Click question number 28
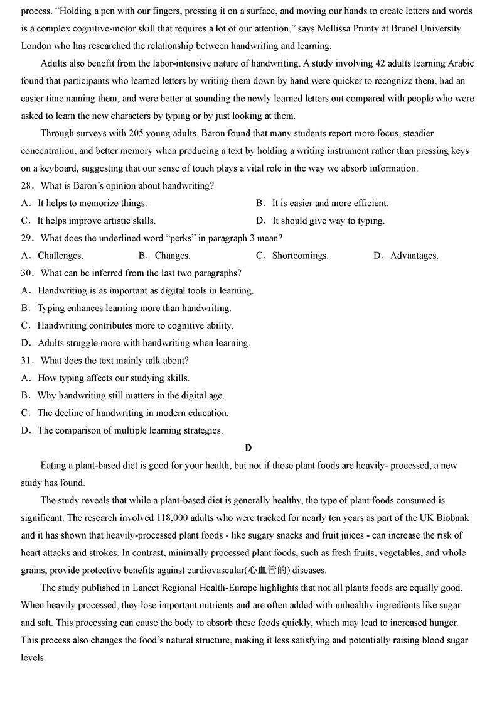click(x=28, y=186)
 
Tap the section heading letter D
click(x=248, y=447)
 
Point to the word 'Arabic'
click(x=460, y=63)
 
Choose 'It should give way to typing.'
click(x=328, y=221)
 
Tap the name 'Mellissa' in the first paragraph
click(x=343, y=29)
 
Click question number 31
click(x=28, y=361)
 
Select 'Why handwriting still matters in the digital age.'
click(x=131, y=395)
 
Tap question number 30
click(x=28, y=273)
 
